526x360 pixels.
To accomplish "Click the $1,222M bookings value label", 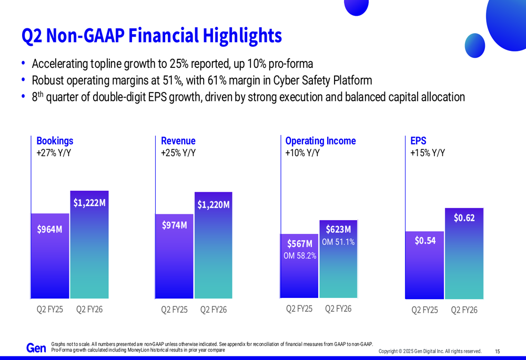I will [x=89, y=203].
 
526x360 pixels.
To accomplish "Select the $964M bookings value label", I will [x=49, y=229].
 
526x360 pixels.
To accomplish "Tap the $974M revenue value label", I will [x=175, y=225].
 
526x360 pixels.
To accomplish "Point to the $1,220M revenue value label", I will [x=214, y=204].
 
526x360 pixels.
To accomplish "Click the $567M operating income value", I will [x=300, y=244].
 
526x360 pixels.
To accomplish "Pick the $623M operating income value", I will [x=338, y=229].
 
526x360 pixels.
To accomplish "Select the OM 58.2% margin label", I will [x=300, y=256].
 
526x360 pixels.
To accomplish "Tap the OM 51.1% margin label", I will [x=338, y=242].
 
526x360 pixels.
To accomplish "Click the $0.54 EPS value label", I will [x=425, y=241].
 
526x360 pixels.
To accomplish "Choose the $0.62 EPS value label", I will [x=464, y=218].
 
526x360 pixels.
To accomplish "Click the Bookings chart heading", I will [x=55, y=141].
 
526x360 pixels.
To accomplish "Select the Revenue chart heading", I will [x=178, y=141].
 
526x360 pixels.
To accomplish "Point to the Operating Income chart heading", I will [x=320, y=141].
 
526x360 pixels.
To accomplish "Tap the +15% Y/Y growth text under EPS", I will [x=428, y=153].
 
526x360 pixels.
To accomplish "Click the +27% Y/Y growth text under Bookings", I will [x=54, y=153].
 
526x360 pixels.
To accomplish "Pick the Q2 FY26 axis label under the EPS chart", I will [x=464, y=310].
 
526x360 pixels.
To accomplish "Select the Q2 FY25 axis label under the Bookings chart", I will [x=49, y=309].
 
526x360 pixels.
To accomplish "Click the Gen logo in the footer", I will [x=36, y=348].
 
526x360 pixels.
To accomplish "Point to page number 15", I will [x=498, y=351].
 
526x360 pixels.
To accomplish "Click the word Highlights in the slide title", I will [x=242, y=35].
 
